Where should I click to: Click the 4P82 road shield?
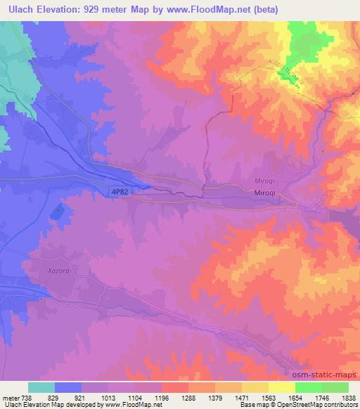coord(118,190)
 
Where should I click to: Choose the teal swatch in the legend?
coord(41,387)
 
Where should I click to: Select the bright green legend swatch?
coord(309,387)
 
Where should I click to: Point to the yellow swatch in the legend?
coord(282,387)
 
